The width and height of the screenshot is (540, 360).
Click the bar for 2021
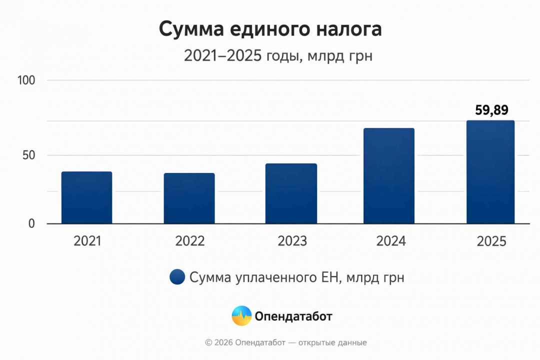click(x=86, y=197)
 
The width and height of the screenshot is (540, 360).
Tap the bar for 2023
click(x=291, y=193)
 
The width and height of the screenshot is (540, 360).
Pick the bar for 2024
click(x=389, y=176)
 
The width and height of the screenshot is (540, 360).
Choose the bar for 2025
click(x=490, y=172)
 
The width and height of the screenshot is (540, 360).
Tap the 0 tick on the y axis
click(x=31, y=223)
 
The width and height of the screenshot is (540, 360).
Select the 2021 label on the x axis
click(x=87, y=241)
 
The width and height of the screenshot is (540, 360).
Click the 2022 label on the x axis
click(x=189, y=241)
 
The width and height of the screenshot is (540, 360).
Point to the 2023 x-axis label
click(x=292, y=241)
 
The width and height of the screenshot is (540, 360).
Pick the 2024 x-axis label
click(x=391, y=241)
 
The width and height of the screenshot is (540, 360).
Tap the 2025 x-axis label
click(x=491, y=241)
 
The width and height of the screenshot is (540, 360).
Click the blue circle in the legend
click(x=177, y=277)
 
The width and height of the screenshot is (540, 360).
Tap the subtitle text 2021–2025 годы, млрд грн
click(x=278, y=56)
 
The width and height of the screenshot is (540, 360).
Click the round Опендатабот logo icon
click(x=241, y=316)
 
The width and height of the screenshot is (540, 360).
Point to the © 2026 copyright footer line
click(x=286, y=342)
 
